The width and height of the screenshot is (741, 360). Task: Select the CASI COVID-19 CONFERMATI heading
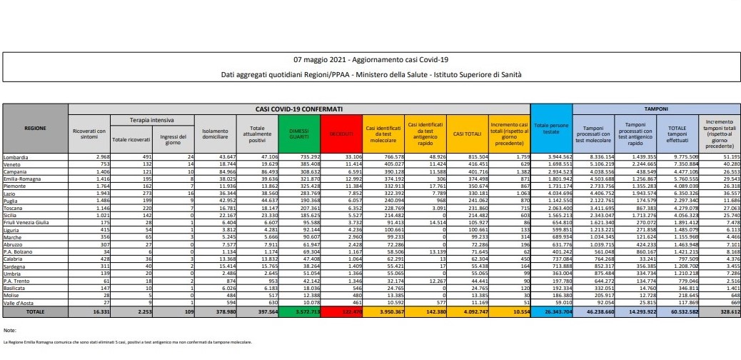298,109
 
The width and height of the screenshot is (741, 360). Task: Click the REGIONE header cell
36,128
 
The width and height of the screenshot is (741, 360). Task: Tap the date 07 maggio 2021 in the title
319,59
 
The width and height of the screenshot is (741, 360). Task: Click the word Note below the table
9,331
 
